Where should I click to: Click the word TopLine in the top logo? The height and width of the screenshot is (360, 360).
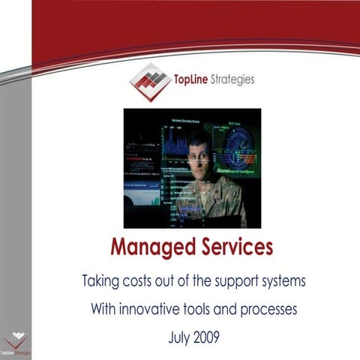[190, 77]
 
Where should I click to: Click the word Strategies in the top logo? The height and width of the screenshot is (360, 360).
[232, 77]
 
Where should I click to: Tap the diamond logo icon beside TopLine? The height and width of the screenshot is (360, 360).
[150, 81]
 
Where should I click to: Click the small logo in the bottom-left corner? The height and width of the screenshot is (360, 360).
[15, 342]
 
